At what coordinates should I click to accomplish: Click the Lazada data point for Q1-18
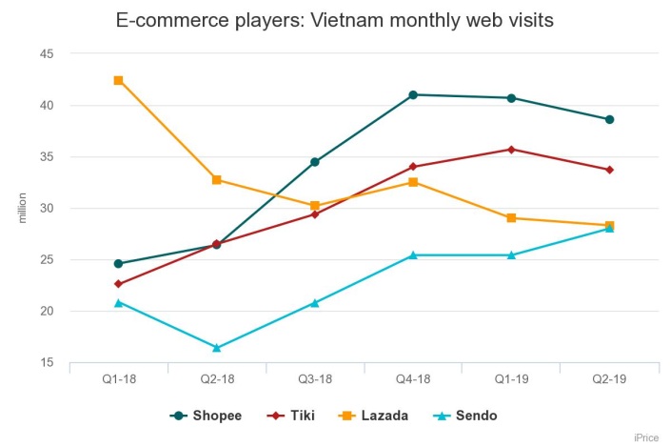118,80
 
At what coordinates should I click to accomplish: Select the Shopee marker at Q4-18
413,94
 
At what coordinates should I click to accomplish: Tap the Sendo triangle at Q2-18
216,348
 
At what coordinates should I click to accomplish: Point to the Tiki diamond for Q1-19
511,149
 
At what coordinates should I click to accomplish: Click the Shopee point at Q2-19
609,119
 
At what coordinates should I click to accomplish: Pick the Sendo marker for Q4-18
413,254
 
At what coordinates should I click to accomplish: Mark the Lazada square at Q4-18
413,181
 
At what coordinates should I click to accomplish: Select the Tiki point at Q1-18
118,284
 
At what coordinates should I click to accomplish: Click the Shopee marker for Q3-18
315,162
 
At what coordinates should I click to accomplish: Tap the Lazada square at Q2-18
216,179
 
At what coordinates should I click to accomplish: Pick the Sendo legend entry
466,416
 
